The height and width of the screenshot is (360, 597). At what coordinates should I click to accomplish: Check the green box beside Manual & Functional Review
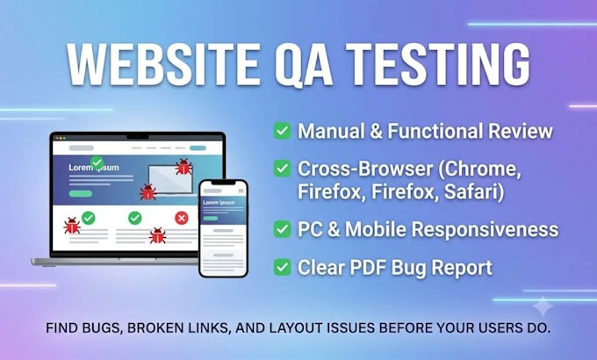coord(282,131)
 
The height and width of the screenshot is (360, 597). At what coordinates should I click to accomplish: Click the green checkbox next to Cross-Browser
coord(282,169)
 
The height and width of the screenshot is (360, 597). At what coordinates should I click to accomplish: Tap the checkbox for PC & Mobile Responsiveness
coord(282,229)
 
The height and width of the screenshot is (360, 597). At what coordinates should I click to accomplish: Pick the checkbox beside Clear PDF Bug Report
coord(282,267)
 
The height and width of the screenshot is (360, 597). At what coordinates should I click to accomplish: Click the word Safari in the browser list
coord(474,191)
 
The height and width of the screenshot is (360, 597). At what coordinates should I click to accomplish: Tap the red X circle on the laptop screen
coord(182,218)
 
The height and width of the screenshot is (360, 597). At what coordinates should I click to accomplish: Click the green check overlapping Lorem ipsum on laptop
coord(97,162)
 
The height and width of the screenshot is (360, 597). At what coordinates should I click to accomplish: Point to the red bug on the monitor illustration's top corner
coord(183,167)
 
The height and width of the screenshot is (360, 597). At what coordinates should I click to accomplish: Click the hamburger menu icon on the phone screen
coord(241,191)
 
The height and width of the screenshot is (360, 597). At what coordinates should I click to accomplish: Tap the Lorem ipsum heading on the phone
coord(219,203)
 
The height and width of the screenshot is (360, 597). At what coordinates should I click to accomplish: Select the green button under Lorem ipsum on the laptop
coord(81,193)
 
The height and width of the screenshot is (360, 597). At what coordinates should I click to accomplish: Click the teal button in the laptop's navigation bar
coord(198,148)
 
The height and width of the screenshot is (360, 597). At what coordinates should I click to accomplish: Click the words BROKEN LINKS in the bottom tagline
coord(179,328)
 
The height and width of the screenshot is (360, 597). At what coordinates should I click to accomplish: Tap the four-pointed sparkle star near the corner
coord(543,306)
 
